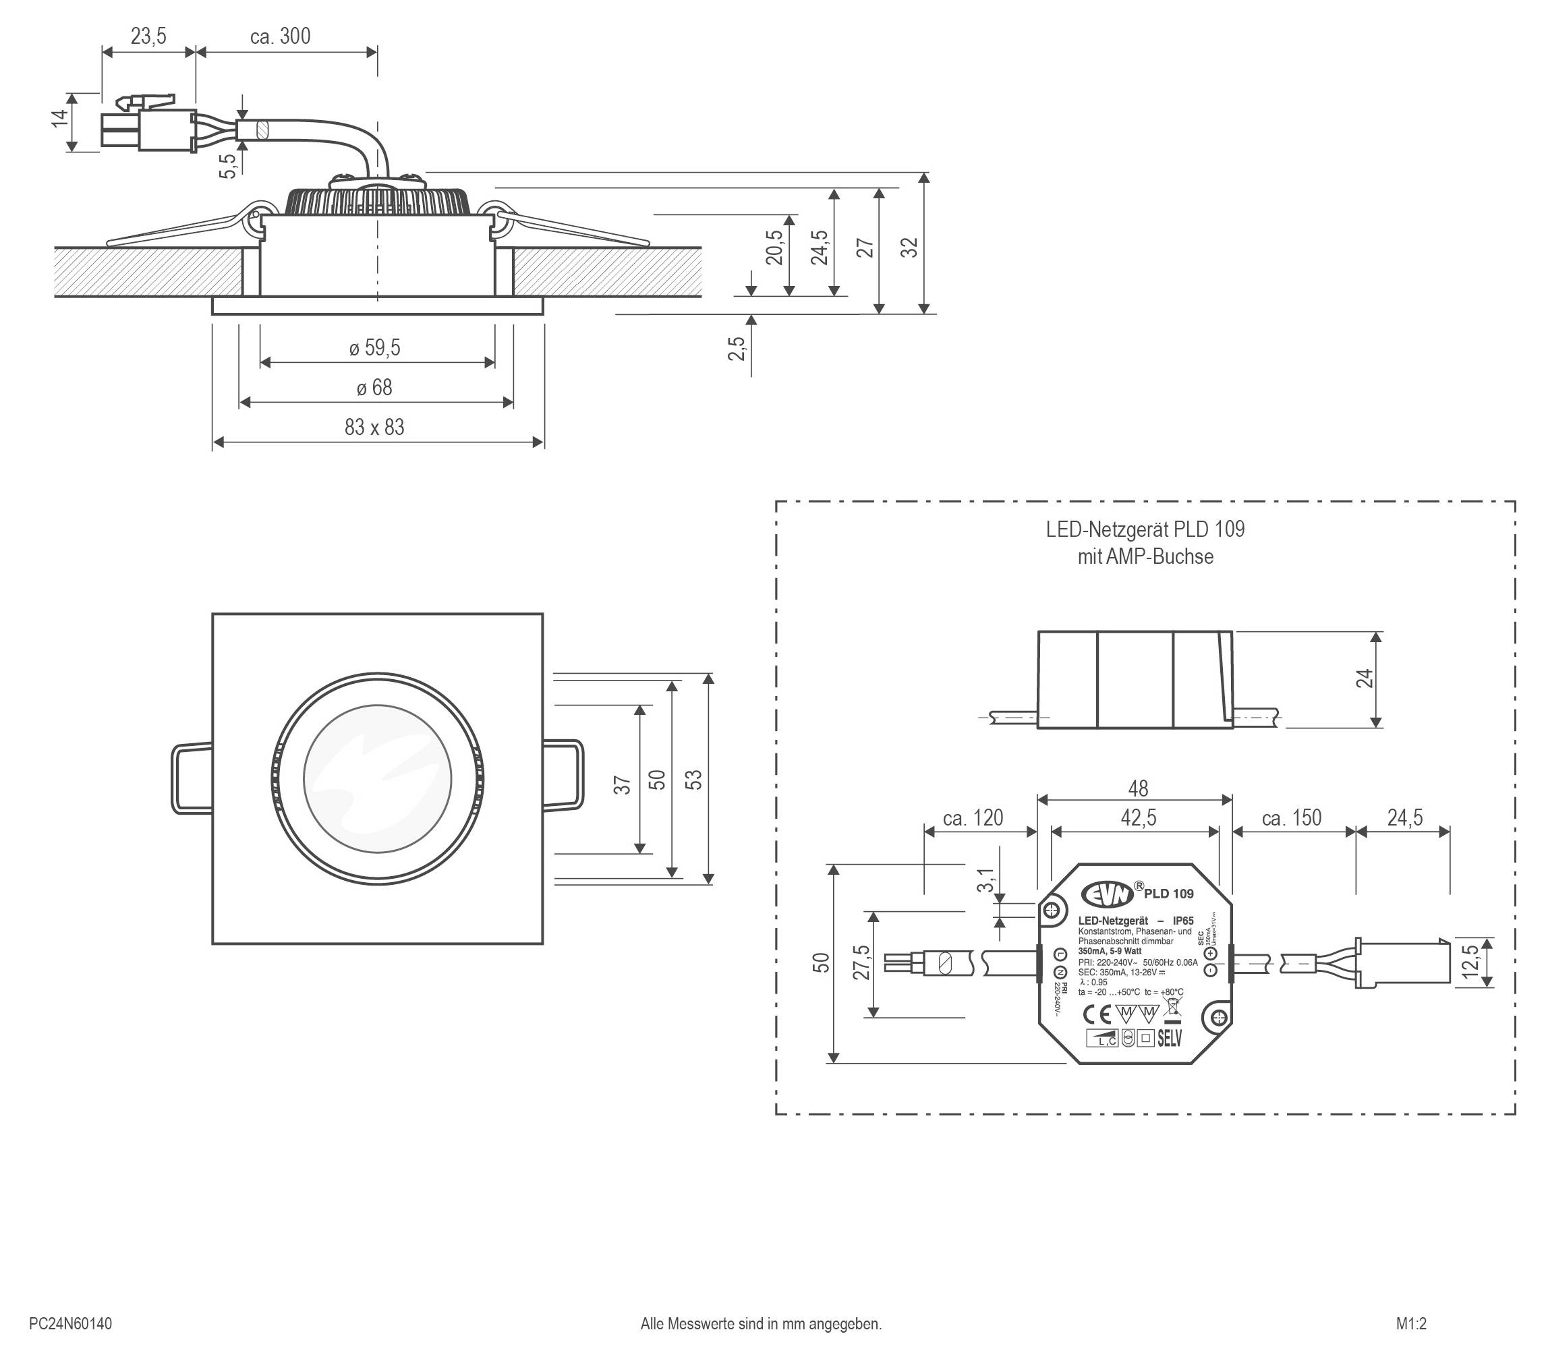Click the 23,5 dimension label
tap(148, 36)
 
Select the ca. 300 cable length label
tap(280, 36)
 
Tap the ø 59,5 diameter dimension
tap(374, 348)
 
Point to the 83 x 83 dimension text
tap(374, 428)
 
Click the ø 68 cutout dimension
tap(374, 388)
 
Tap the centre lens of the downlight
tap(378, 778)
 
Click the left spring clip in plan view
tap(191, 779)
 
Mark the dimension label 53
tap(693, 780)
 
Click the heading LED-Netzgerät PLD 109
tap(1145, 529)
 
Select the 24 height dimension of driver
tap(1364, 678)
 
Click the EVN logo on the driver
tap(1108, 894)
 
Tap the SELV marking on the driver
tap(1170, 1039)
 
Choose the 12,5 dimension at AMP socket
tap(1470, 961)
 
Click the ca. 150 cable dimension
tap(1291, 818)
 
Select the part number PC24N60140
tap(70, 1323)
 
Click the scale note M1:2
tap(1410, 1323)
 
